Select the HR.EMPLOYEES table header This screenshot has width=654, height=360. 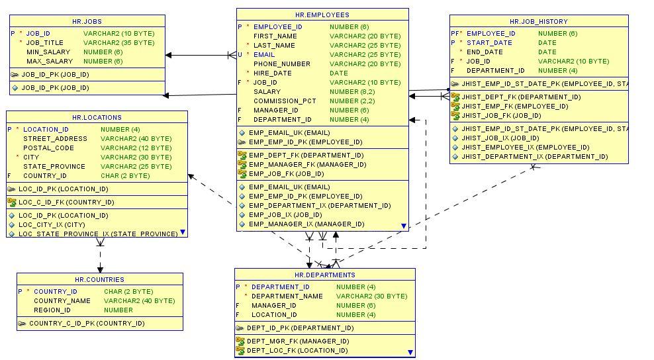pyautogui.click(x=322, y=15)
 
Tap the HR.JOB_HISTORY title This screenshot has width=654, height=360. pyautogui.click(x=538, y=22)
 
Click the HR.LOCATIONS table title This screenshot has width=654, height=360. pyautogui.click(x=97, y=118)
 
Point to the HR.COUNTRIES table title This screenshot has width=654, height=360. pyautogui.click(x=99, y=280)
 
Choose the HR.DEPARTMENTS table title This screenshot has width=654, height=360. pyautogui.click(x=324, y=275)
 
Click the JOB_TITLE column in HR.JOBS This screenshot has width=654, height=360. pyautogui.click(x=45, y=42)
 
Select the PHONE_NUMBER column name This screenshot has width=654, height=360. pyautogui.click(x=281, y=64)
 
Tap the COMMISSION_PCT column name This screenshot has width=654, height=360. pyautogui.click(x=285, y=101)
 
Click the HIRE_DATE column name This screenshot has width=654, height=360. pyautogui.click(x=272, y=73)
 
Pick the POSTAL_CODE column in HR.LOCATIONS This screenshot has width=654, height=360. pyautogui.click(x=48, y=148)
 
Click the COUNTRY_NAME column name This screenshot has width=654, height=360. pyautogui.click(x=62, y=301)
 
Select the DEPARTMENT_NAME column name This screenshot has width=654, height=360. pyautogui.click(x=287, y=296)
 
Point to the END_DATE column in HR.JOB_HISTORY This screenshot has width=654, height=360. pyautogui.click(x=485, y=52)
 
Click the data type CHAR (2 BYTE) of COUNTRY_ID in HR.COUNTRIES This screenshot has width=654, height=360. pyautogui.click(x=128, y=292)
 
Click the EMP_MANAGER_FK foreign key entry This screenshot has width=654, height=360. pyautogui.click(x=307, y=165)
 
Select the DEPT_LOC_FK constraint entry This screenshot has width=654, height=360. pyautogui.click(x=297, y=351)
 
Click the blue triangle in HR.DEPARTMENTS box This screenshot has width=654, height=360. pyautogui.click(x=410, y=353)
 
